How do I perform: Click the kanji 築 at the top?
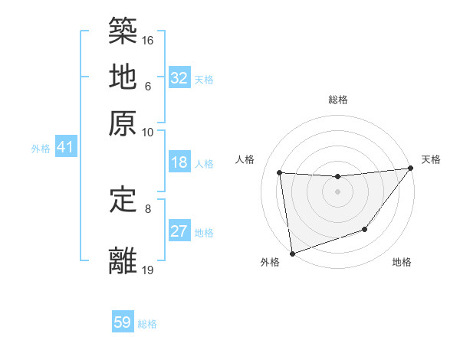(x=123, y=31)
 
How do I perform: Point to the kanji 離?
(x=123, y=260)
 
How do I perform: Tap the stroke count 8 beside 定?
(x=148, y=208)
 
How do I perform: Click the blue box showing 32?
(x=179, y=78)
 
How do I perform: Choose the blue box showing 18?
(x=179, y=162)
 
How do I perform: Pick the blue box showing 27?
(x=179, y=231)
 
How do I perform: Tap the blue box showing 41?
(x=64, y=147)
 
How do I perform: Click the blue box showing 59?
(x=123, y=322)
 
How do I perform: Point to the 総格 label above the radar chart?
(x=338, y=100)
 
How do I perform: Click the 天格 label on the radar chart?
(x=431, y=159)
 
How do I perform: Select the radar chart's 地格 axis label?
(x=402, y=263)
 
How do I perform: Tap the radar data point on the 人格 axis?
(x=280, y=173)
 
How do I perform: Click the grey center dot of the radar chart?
(x=338, y=192)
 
